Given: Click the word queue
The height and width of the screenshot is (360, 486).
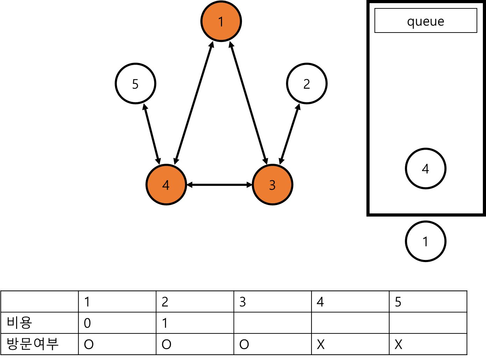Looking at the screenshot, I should coord(426,22).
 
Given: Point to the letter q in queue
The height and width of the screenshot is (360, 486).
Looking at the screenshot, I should coord(410,22).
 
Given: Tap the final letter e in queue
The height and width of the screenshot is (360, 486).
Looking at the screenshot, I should coord(441,22).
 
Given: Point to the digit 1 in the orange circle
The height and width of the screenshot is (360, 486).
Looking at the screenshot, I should coord(221,22).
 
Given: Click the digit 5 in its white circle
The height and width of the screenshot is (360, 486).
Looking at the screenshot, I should coord(135,84).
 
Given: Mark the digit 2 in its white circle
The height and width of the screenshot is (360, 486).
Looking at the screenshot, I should coord(307,84).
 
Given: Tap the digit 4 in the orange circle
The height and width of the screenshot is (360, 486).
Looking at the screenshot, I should coord(166,185).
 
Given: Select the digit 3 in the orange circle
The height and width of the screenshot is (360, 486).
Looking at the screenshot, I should coord(272,185).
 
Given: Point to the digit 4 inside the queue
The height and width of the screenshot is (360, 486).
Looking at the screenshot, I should coord(426,169).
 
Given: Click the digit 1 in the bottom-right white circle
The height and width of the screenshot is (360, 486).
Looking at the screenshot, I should coord(426,241).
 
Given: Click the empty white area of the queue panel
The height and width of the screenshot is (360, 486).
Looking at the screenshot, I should coord(426,87).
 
